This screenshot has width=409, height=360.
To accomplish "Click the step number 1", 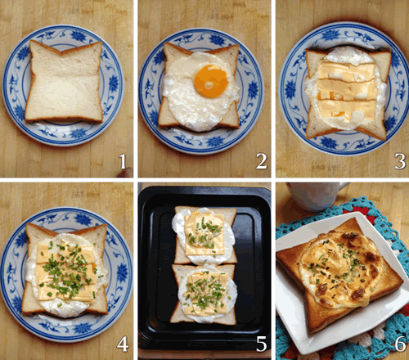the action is pos(123,161).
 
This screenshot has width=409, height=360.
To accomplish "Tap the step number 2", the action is pos(261,161).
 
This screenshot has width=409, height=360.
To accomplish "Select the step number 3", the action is pos(400,161).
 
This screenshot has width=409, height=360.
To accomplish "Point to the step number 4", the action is pos(123,344).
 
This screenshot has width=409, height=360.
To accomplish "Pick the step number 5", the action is pos(261,344).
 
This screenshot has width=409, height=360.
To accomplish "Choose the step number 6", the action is pos(400,344).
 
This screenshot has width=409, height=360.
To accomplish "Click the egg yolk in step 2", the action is pos(211,81).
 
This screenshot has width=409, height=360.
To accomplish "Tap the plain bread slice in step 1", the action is pos(65,81).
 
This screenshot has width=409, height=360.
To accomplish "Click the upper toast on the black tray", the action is pos(205,235).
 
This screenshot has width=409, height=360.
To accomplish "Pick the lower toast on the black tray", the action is pos(204,294).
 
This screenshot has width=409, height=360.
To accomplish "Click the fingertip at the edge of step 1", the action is pos(125,173).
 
